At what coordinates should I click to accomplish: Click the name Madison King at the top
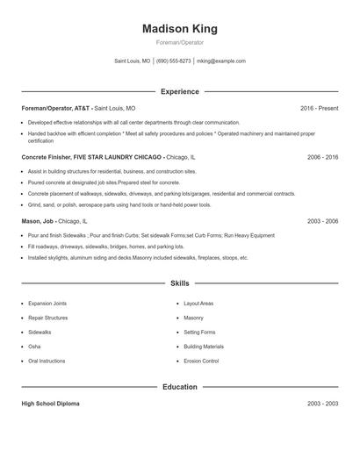[179, 28]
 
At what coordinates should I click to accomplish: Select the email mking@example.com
[221, 61]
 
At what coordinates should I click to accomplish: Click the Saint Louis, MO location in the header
[133, 61]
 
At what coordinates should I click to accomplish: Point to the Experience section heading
[179, 91]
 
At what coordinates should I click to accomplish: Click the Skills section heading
[179, 283]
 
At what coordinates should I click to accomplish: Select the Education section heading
[179, 387]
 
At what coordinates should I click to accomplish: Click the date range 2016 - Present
[319, 108]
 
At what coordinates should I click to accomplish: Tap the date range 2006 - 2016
[322, 157]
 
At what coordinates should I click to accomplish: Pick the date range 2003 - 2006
[322, 222]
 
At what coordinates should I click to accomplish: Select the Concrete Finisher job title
[91, 157]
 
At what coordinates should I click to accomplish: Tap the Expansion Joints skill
[47, 304]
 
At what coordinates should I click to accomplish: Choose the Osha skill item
[35, 347]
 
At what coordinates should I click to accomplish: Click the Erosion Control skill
[201, 361]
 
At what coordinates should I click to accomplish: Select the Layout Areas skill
[198, 304]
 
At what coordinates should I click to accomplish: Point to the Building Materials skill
[204, 347]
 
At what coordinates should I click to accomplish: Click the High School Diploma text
[50, 404]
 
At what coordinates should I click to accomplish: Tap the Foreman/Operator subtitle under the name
[179, 43]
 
